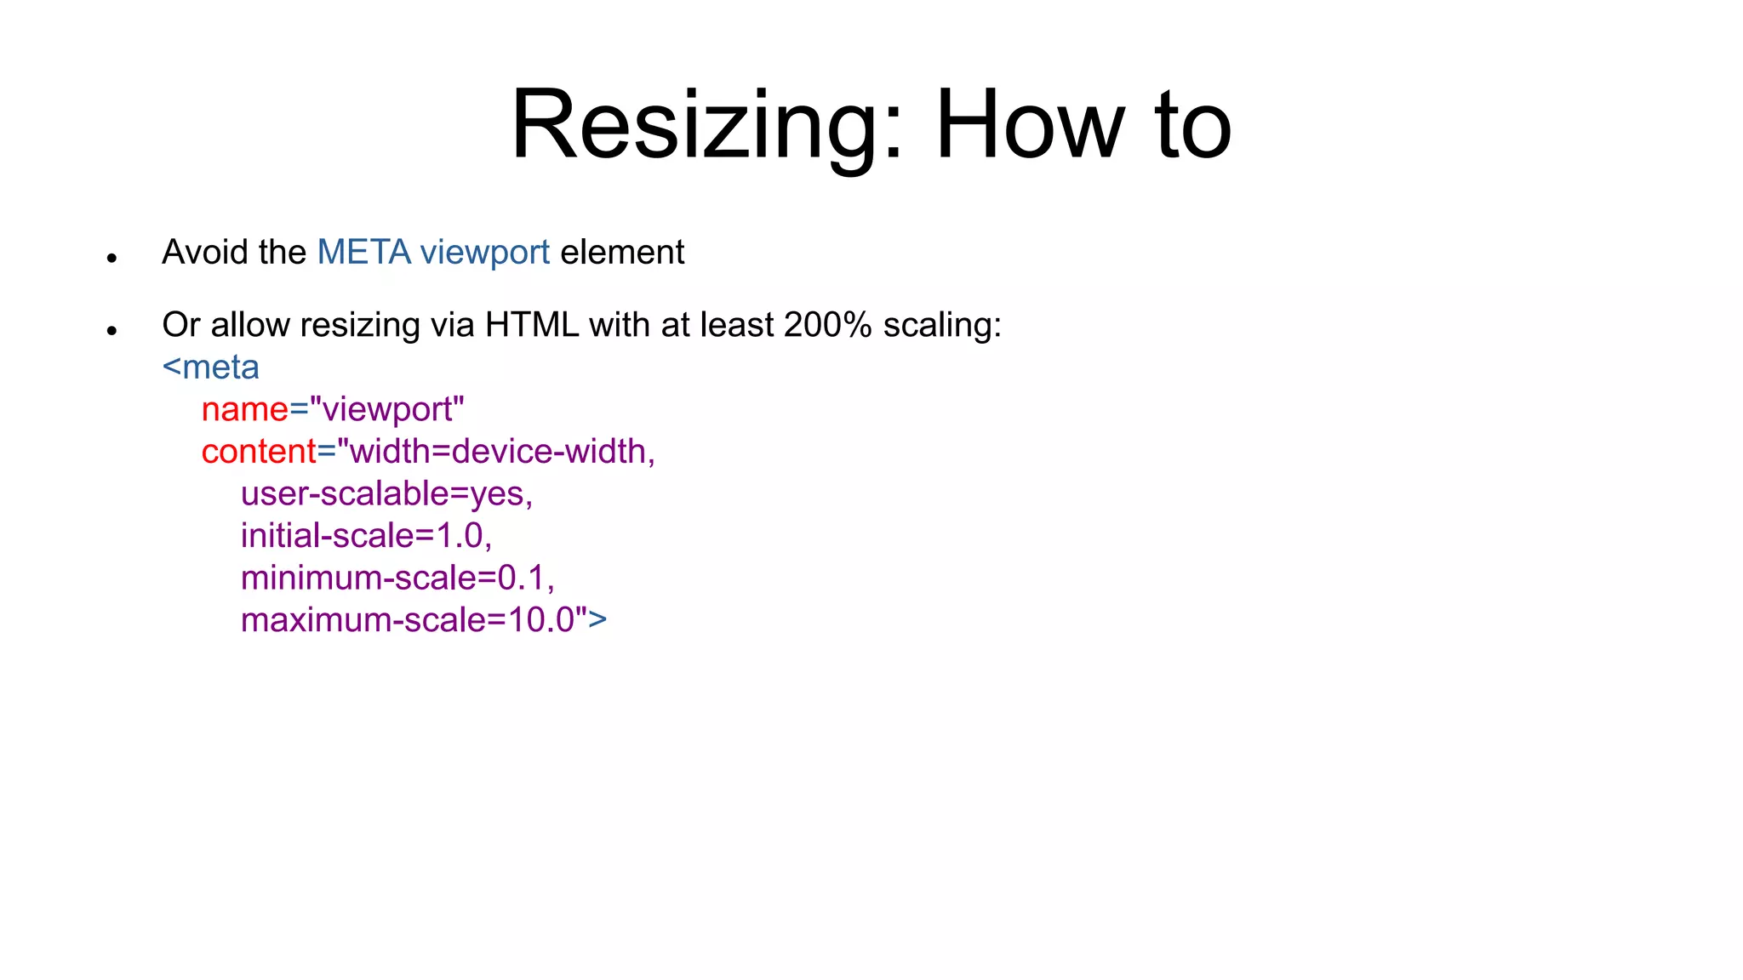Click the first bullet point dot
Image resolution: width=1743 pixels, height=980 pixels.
tap(111, 258)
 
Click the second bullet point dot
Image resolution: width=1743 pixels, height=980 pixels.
tap(111, 330)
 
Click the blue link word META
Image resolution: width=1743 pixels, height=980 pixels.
tap(363, 253)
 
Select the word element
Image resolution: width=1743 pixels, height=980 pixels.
tap(622, 253)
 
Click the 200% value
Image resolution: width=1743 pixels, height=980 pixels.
tap(827, 325)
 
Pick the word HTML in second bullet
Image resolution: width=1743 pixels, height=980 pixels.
tap(532, 325)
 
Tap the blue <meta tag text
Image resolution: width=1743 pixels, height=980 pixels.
tap(211, 367)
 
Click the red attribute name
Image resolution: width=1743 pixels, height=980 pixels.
tap(245, 410)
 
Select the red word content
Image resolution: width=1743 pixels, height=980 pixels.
tap(259, 452)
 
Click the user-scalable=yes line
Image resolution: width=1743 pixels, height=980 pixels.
tap(386, 494)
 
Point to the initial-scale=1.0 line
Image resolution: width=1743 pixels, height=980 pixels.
tap(366, 536)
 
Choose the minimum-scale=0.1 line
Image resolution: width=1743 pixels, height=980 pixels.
tap(397, 578)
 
